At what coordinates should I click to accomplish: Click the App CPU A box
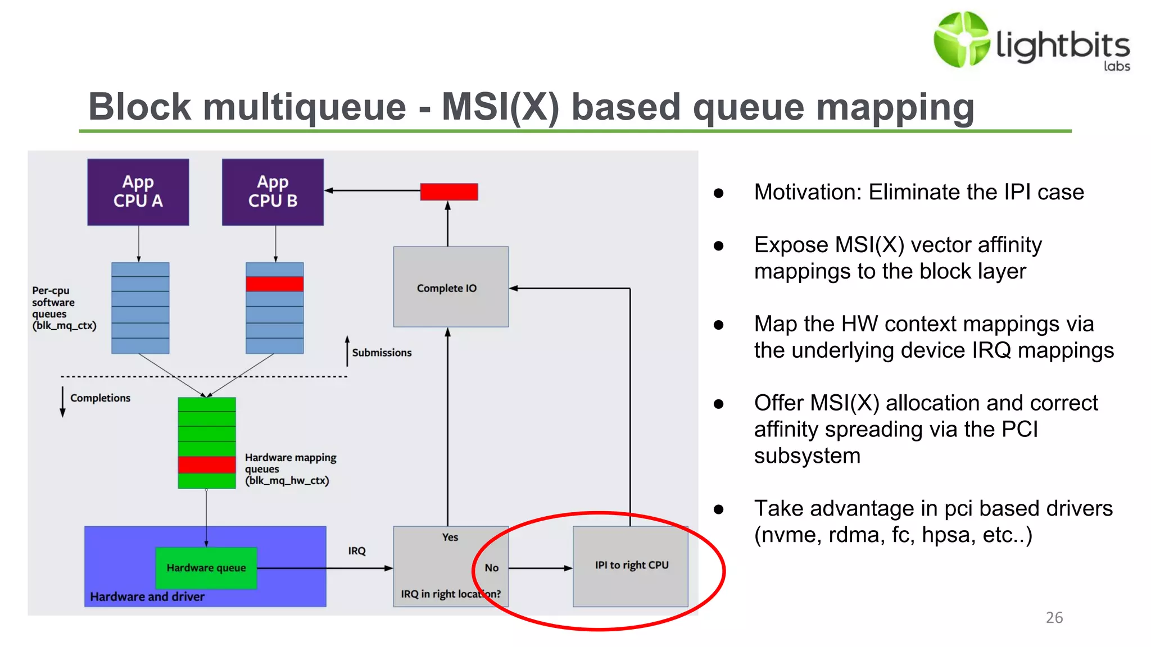click(138, 192)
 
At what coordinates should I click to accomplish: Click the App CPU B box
click(273, 192)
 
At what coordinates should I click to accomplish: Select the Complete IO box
click(451, 287)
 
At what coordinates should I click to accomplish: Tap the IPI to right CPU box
click(631, 566)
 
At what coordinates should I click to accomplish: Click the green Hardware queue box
click(206, 568)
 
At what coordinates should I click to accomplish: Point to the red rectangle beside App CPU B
click(449, 192)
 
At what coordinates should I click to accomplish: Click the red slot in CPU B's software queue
click(274, 284)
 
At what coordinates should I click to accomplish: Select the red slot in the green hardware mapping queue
click(206, 464)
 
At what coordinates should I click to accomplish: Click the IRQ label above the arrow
click(356, 551)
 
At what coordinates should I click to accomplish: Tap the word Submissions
click(382, 353)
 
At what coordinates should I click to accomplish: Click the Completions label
click(100, 398)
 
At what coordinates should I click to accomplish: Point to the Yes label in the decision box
click(450, 537)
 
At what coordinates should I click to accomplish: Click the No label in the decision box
click(491, 568)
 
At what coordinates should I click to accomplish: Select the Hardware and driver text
click(147, 596)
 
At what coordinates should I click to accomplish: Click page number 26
click(1054, 618)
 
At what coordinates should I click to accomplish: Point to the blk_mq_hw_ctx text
click(287, 481)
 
